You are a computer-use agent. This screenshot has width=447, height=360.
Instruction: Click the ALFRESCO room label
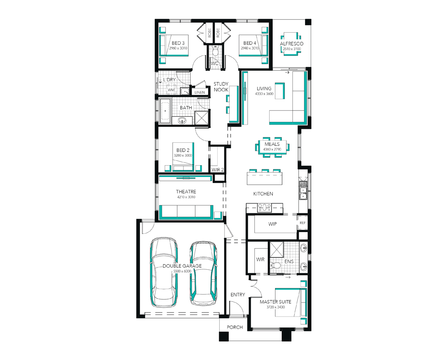click(291, 44)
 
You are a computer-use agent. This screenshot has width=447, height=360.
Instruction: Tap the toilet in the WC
click(215, 51)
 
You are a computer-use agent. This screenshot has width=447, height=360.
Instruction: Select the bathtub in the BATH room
click(165, 111)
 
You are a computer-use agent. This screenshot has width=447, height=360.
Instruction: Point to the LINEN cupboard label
click(199, 92)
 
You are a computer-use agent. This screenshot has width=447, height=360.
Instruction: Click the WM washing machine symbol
click(171, 90)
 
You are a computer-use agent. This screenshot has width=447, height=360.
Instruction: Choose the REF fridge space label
click(303, 223)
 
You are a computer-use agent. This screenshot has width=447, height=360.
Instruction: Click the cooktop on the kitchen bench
click(264, 208)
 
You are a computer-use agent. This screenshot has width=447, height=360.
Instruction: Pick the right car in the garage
click(204, 274)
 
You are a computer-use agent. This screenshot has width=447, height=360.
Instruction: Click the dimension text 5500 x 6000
click(182, 271)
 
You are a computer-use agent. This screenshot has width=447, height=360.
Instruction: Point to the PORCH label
click(235, 327)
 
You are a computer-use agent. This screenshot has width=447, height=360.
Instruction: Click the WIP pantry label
click(272, 224)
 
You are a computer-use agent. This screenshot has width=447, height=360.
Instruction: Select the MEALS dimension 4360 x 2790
click(272, 149)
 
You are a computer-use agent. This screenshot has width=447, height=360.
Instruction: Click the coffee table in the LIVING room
click(280, 91)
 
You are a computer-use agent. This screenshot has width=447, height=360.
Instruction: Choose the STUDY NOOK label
click(221, 87)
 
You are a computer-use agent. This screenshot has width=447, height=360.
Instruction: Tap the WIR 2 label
click(218, 170)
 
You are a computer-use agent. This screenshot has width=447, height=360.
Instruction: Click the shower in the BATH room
click(202, 118)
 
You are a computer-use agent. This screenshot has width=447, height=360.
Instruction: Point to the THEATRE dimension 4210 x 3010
click(186, 197)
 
